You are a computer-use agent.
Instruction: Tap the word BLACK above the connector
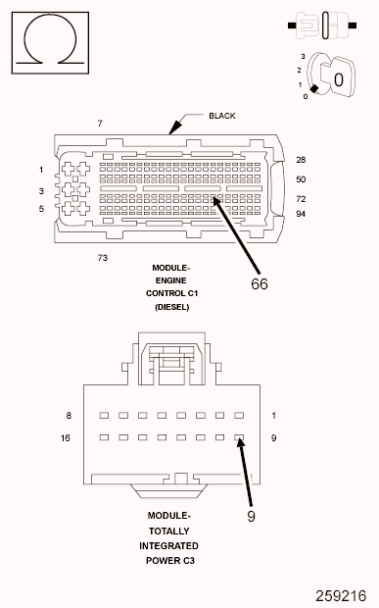[222, 116]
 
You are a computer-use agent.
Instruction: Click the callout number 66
[260, 283]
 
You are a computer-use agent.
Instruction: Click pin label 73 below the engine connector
[102, 258]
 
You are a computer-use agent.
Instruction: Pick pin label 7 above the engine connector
[99, 124]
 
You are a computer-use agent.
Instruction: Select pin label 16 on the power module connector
[66, 437]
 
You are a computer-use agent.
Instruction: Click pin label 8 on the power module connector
[69, 416]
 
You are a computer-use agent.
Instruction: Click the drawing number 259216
[340, 594]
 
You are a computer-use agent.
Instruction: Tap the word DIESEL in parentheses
[170, 307]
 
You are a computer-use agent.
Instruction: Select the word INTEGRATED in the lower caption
[169, 545]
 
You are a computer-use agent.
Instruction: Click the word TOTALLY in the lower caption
[169, 531]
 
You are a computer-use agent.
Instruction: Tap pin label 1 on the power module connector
[274, 416]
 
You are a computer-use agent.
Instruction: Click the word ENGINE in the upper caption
[170, 279]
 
